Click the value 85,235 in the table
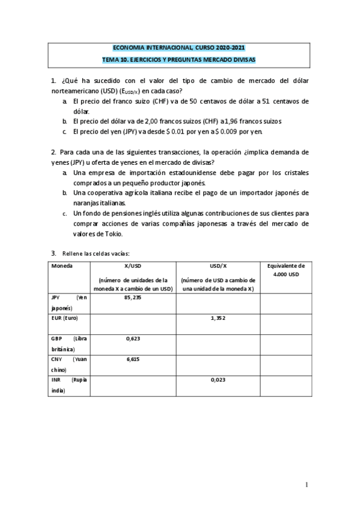click(132, 298)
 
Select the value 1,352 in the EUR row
click(218, 318)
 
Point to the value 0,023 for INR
click(218, 380)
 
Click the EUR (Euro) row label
click(66, 318)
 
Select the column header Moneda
click(62, 265)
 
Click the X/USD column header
click(132, 265)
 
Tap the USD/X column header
click(218, 265)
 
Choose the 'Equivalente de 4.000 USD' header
click(285, 270)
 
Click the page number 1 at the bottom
click(307, 485)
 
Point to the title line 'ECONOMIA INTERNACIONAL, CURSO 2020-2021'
click(179, 48)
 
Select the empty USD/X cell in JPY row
click(218, 303)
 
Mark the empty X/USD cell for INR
click(132, 385)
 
